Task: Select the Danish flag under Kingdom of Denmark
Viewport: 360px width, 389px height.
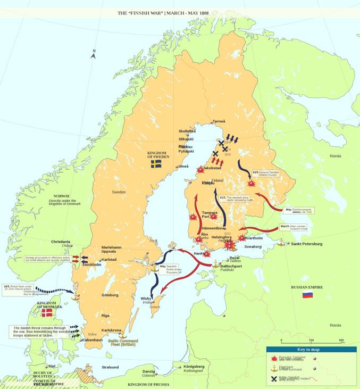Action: coord(47,313)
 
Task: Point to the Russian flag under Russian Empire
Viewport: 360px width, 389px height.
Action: coord(307,294)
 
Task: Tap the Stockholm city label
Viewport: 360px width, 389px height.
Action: coord(93,264)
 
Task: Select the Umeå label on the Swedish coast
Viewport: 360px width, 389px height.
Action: coord(183,167)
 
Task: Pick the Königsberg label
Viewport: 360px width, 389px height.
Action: coord(194,367)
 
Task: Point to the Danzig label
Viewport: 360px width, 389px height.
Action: coord(148,371)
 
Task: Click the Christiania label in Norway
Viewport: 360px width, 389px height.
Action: coord(60,242)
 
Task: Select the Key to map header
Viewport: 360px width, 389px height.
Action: coord(312,349)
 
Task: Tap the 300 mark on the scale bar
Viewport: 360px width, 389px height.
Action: coord(341,341)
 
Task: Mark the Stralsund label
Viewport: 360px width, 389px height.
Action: coord(111,367)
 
